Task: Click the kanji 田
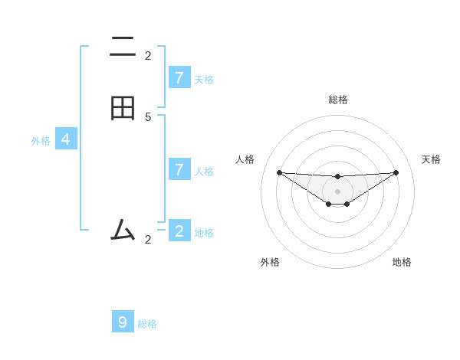point(123,108)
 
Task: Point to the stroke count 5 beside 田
point(148,116)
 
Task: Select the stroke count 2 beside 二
point(148,55)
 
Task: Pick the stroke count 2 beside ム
point(148,240)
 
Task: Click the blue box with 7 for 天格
point(179,77)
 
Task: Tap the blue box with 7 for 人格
point(179,169)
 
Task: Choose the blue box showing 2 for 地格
point(179,231)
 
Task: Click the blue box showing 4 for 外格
point(66,139)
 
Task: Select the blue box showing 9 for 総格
point(123,322)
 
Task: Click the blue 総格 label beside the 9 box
point(147,324)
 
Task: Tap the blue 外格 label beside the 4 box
point(41,141)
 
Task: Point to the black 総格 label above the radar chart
point(338,100)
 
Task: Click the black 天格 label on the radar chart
point(431,159)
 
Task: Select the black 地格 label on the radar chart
point(402,262)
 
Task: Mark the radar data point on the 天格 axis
point(396,172)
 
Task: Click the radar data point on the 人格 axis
point(279,172)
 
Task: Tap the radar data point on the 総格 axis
point(337,177)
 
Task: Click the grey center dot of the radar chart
point(337,191)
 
